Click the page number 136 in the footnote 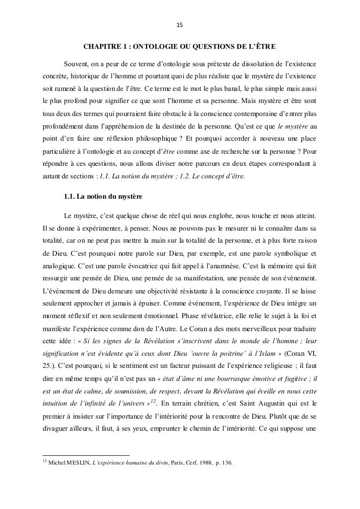226,463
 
